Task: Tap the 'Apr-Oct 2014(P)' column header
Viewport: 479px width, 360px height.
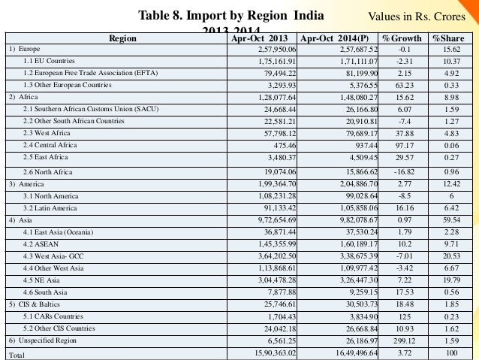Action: click(x=334, y=37)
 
